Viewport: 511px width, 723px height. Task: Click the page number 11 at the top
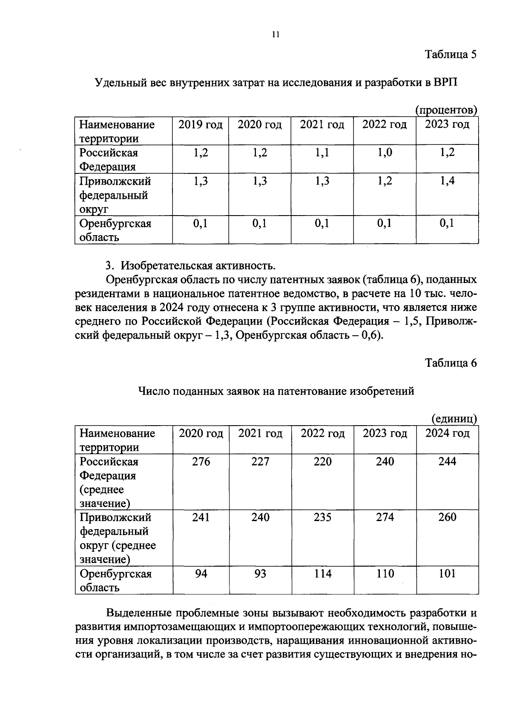tap(276, 35)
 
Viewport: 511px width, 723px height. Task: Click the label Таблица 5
tap(451, 55)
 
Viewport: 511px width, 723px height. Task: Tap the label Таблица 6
tap(451, 363)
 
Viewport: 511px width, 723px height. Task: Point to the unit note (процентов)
tap(446, 110)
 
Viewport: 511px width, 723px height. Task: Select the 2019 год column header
tap(200, 125)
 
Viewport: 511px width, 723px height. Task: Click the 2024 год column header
tap(447, 434)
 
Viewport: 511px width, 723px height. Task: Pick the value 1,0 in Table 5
tap(385, 153)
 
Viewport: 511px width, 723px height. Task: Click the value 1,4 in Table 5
tap(447, 181)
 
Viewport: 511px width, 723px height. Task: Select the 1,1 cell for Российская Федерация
tap(322, 153)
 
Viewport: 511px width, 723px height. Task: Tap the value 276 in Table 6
tap(201, 462)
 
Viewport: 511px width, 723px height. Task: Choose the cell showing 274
tap(385, 518)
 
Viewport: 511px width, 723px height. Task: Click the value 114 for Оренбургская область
tap(322, 574)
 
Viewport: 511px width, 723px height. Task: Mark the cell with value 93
tap(260, 574)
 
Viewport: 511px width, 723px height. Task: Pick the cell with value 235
tap(322, 518)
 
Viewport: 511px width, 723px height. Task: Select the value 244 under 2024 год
tap(447, 462)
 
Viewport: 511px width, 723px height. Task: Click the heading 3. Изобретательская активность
tap(190, 266)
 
